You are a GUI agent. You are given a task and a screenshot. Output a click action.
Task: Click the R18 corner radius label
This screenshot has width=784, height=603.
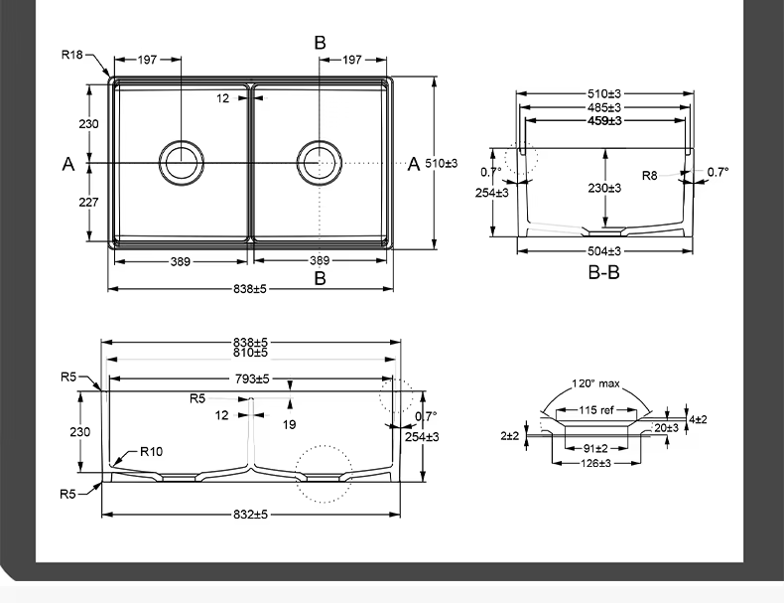[x=72, y=55]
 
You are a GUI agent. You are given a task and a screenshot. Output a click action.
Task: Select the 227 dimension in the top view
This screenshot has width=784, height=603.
[x=88, y=202]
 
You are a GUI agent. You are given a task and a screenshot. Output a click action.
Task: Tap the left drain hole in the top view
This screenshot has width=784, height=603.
[x=183, y=160]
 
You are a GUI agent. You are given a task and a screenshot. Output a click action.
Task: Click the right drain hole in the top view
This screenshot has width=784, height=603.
[x=320, y=160]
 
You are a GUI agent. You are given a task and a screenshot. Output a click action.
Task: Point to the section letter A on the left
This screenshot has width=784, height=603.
[x=68, y=165]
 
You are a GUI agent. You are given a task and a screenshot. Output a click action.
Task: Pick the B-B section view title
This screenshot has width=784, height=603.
[x=603, y=272]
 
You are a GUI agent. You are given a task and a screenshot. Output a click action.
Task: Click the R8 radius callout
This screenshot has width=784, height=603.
[x=649, y=176]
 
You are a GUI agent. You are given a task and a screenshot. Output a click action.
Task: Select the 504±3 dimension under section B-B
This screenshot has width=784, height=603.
[x=603, y=251]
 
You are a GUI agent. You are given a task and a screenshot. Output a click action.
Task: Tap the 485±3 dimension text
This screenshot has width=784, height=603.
[x=603, y=107]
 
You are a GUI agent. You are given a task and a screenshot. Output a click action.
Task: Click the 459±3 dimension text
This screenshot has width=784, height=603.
[x=603, y=121]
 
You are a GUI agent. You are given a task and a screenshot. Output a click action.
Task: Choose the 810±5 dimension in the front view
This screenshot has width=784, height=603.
[x=250, y=353]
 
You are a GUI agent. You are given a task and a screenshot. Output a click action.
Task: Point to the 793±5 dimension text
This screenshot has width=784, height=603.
[x=250, y=378]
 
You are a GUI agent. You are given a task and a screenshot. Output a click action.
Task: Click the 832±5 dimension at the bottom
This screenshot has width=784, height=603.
[x=250, y=515]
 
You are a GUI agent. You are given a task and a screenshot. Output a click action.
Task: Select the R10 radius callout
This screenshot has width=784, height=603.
[x=151, y=452]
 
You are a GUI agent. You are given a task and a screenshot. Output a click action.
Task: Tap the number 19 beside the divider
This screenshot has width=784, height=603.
[x=289, y=424]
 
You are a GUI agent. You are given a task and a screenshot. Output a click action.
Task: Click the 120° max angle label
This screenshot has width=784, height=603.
[x=595, y=384]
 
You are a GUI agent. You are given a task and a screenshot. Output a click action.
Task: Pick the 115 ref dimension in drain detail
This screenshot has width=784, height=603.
[x=595, y=410]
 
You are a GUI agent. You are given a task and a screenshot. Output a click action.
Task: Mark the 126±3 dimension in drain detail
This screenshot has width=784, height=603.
[x=595, y=463]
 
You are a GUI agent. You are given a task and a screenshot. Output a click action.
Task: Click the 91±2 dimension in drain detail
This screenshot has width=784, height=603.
[x=595, y=448]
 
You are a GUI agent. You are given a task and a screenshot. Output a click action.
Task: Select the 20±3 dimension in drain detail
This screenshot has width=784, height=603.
[x=666, y=428]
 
